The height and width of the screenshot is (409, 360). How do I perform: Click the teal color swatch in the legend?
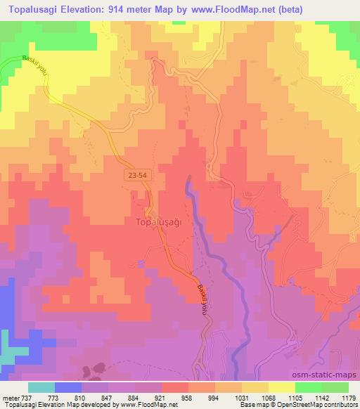click(41, 387)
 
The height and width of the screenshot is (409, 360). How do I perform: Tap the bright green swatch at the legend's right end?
click(335, 387)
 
